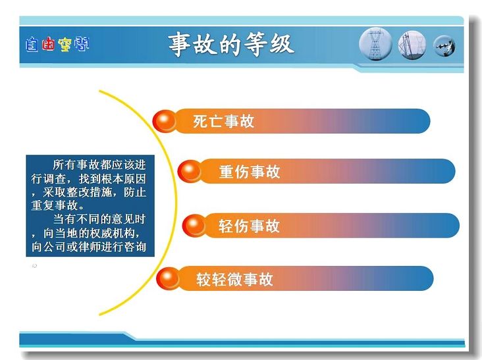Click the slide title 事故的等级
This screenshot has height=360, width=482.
pos(231,45)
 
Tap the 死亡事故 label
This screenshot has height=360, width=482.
pos(223,121)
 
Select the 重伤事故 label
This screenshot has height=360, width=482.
pos(250,171)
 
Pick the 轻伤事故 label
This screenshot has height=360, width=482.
pos(249,226)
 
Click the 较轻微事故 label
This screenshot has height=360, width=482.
pos(234,279)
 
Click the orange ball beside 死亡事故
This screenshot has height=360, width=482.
pos(165,121)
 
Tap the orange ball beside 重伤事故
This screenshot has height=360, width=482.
pos(190,171)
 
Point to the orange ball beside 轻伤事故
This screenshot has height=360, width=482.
pos(194,226)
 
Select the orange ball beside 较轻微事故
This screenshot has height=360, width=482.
pos(168,278)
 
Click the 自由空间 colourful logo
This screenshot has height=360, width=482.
pos(57,45)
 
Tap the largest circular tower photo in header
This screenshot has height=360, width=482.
pos(375,44)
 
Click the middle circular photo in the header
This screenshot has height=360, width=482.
pos(412,45)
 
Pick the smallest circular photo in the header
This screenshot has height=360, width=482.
pos(444,46)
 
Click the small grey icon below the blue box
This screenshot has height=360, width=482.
pos(34,266)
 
